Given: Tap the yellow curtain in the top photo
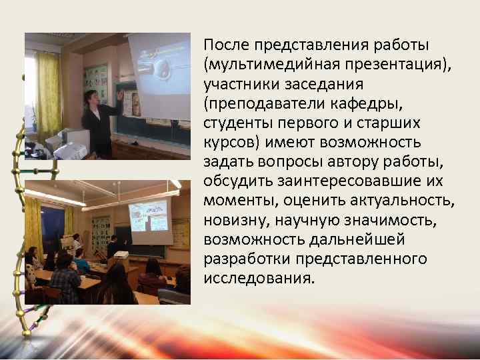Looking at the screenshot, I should point(48,87).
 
